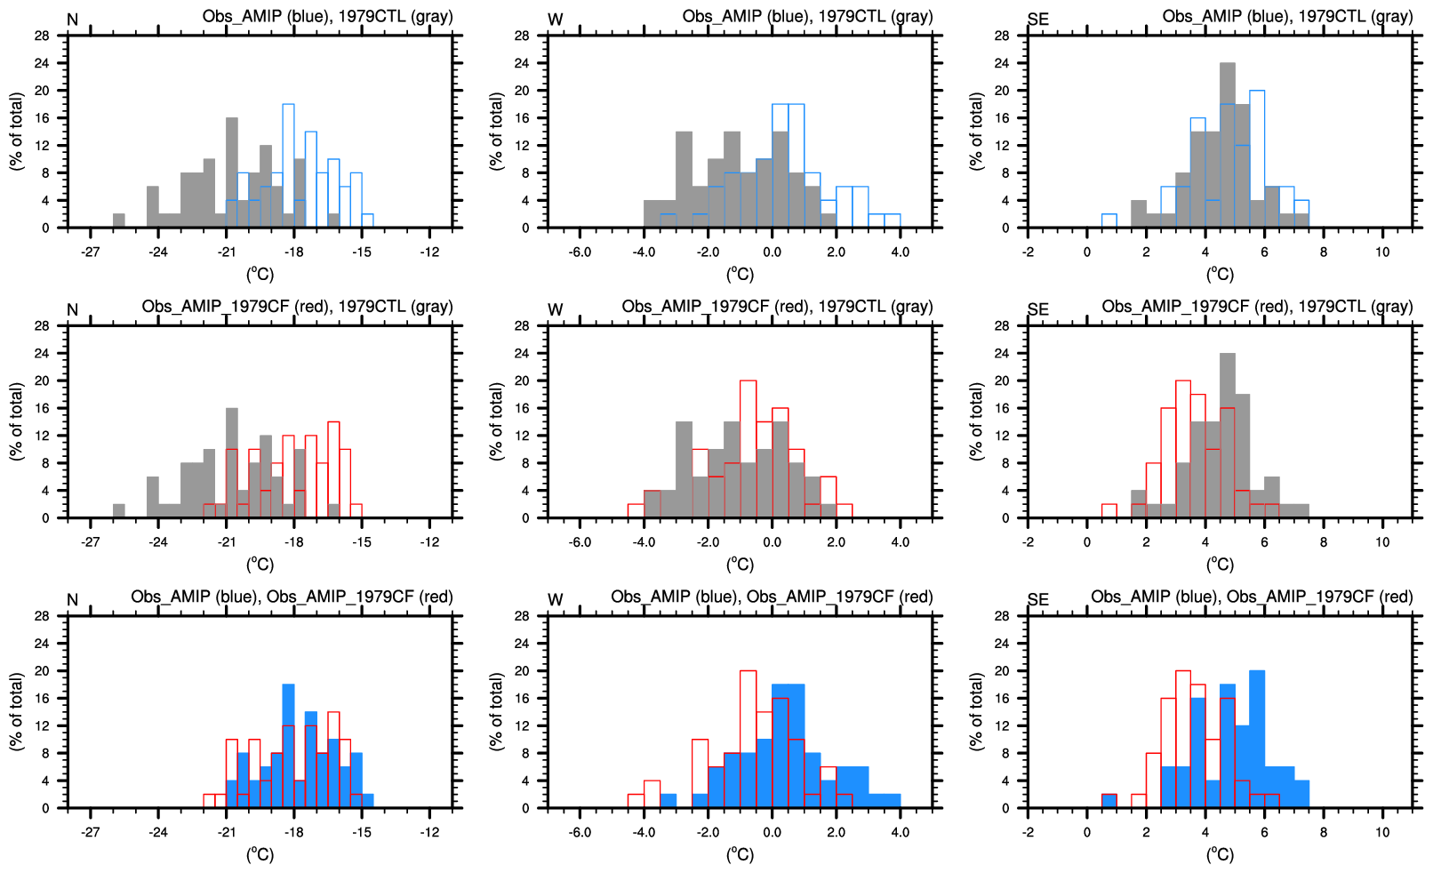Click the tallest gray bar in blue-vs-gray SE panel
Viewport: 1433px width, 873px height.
1228,146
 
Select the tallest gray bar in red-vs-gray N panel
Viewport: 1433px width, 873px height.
232,462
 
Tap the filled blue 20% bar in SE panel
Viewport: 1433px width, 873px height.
1257,740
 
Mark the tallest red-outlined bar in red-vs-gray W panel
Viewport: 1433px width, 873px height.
749,449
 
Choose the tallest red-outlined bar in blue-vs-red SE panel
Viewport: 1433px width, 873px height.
1183,740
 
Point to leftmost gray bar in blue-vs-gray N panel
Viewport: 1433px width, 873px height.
119,221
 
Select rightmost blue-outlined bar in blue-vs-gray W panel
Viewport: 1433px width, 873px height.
892,221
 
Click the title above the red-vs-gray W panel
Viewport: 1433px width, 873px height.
777,307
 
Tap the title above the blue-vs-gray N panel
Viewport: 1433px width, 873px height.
327,17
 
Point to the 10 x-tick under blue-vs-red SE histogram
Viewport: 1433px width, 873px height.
1382,832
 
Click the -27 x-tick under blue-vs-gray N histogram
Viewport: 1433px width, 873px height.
90,252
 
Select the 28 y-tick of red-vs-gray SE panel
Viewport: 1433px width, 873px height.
1001,325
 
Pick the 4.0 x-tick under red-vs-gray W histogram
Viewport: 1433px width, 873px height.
900,541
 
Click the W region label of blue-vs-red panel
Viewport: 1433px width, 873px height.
556,600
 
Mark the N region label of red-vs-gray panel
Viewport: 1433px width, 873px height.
73,310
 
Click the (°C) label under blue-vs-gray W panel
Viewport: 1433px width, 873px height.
740,274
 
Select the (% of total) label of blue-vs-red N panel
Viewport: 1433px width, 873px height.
16,711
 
